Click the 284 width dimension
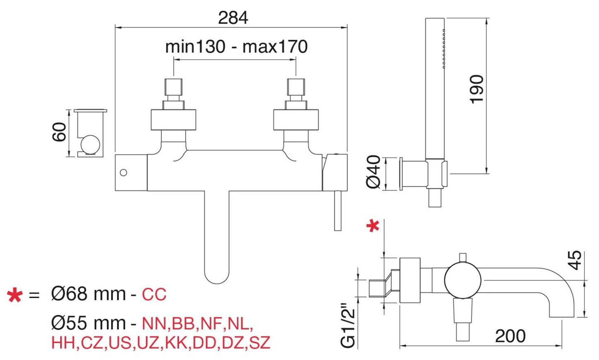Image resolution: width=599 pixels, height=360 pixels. click(x=233, y=18)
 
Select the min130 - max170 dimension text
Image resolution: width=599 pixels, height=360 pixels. click(x=236, y=46)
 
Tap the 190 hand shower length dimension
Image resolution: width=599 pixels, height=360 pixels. click(x=477, y=89)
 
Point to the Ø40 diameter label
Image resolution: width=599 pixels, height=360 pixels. click(x=373, y=172)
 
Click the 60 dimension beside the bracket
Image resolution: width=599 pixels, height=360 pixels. click(x=59, y=132)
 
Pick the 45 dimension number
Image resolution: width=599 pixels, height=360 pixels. click(x=576, y=260)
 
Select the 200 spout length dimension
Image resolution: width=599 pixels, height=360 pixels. click(x=510, y=336)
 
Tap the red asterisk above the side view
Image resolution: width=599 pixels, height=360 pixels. click(x=373, y=226)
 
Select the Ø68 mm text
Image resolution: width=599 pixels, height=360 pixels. click(x=88, y=294)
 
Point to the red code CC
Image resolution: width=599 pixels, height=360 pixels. click(x=154, y=294)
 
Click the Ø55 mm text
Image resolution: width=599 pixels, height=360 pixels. click(x=88, y=323)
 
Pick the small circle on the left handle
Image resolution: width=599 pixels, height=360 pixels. click(x=123, y=173)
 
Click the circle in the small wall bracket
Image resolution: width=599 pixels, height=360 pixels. click(x=90, y=145)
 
